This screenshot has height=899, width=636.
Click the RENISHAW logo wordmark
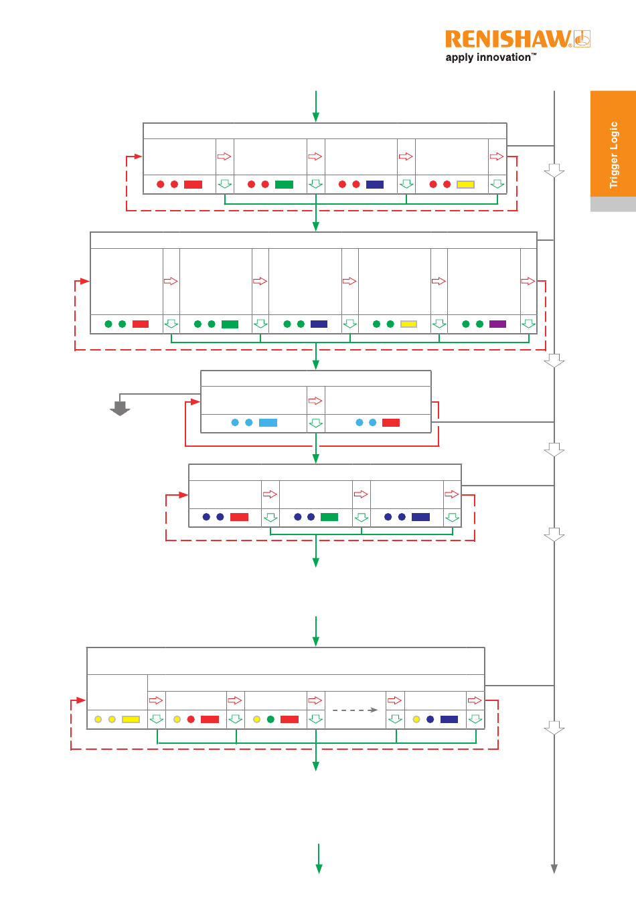(x=508, y=39)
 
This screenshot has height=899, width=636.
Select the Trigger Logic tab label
(x=613, y=155)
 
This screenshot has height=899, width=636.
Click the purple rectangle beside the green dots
(x=497, y=324)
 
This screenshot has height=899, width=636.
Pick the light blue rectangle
(x=268, y=422)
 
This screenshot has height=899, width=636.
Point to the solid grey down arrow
(x=120, y=408)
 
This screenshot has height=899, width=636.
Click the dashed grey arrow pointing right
(x=355, y=710)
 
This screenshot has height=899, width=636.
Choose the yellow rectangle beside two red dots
(x=466, y=184)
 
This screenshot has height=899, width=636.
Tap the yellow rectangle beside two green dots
(x=408, y=324)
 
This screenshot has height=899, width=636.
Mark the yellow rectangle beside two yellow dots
(x=131, y=719)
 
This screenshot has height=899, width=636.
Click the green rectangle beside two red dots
(x=284, y=184)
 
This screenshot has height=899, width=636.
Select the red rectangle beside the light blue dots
(x=391, y=422)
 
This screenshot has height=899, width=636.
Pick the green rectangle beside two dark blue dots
(x=329, y=517)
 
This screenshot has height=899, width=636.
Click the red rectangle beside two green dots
(x=141, y=324)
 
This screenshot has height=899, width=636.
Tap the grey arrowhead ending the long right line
(x=554, y=869)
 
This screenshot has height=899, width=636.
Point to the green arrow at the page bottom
(x=319, y=858)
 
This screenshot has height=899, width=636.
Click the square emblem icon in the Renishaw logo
(x=582, y=39)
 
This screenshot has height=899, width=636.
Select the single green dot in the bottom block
(x=270, y=719)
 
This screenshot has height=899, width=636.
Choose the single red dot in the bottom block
(x=191, y=719)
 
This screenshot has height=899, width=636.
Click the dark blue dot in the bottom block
(x=430, y=719)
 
